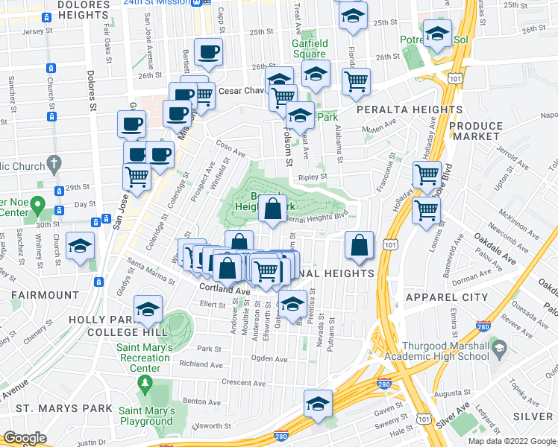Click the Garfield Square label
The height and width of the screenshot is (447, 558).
tap(308, 48)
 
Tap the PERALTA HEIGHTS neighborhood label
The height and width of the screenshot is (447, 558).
tap(409, 110)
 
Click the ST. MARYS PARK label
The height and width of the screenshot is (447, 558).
tap(64, 408)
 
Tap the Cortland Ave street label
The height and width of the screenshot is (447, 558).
tap(225, 288)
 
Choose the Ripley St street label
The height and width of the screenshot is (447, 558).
tap(313, 177)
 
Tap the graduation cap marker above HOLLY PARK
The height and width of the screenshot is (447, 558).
tap(148, 308)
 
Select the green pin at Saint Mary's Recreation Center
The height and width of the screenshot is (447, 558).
tap(144, 384)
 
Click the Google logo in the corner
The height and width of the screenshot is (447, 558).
tap(25, 439)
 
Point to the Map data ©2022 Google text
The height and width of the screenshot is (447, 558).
tap(511, 441)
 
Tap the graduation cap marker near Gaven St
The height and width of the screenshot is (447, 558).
tap(318, 403)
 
